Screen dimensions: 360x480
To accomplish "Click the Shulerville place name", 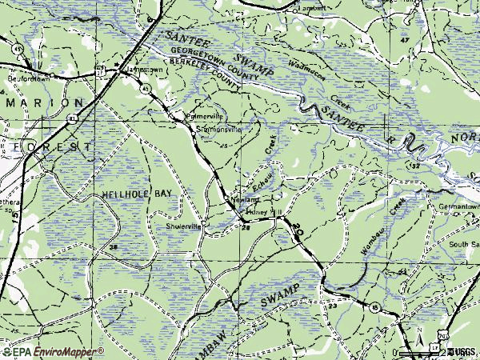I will point(183,226).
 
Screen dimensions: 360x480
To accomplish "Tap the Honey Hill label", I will point(265,212).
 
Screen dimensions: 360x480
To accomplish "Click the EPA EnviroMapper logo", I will point(52,351).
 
